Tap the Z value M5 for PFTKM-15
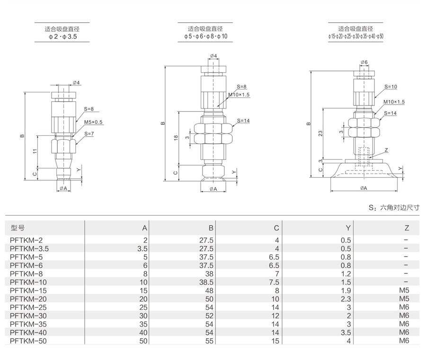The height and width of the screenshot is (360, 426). (403, 290)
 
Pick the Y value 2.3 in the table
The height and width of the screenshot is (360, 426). (346, 299)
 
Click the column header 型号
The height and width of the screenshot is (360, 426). (18, 228)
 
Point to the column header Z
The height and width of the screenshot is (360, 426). (406, 228)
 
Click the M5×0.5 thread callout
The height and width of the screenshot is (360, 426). (93, 122)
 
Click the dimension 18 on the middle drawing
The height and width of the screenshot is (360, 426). (175, 138)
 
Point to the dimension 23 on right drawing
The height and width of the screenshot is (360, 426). (320, 134)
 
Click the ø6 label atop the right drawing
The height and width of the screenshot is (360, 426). (364, 63)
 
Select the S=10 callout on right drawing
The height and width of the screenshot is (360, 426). (390, 87)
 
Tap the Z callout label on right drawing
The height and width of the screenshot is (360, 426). (386, 150)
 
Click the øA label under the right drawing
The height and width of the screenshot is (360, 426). (364, 188)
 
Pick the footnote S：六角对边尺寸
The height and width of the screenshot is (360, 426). (394, 207)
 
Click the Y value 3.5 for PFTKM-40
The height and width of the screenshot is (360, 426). (346, 332)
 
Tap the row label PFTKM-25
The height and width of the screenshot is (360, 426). (28, 307)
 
